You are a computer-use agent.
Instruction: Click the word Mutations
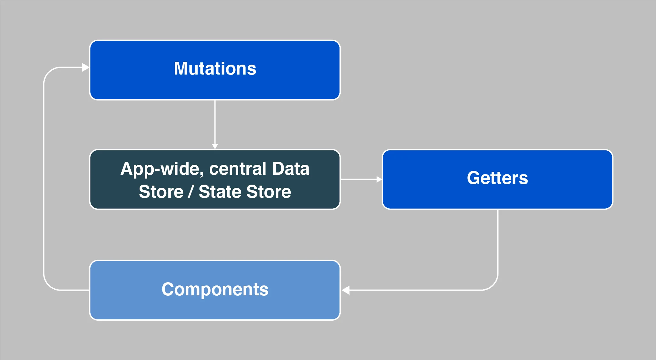215,68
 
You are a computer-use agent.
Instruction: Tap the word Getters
497,178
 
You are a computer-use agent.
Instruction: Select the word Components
215,289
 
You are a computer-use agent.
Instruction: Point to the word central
238,169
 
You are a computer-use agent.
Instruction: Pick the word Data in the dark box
291,169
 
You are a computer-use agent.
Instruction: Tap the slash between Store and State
191,192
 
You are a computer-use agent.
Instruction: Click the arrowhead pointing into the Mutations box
85,67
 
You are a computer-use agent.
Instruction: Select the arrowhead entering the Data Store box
215,146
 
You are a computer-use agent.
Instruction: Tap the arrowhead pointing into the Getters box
379,180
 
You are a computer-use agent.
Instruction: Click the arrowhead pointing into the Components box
345,290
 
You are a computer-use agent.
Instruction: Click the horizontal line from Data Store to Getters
359,180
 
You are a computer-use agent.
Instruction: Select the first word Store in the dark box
161,192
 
